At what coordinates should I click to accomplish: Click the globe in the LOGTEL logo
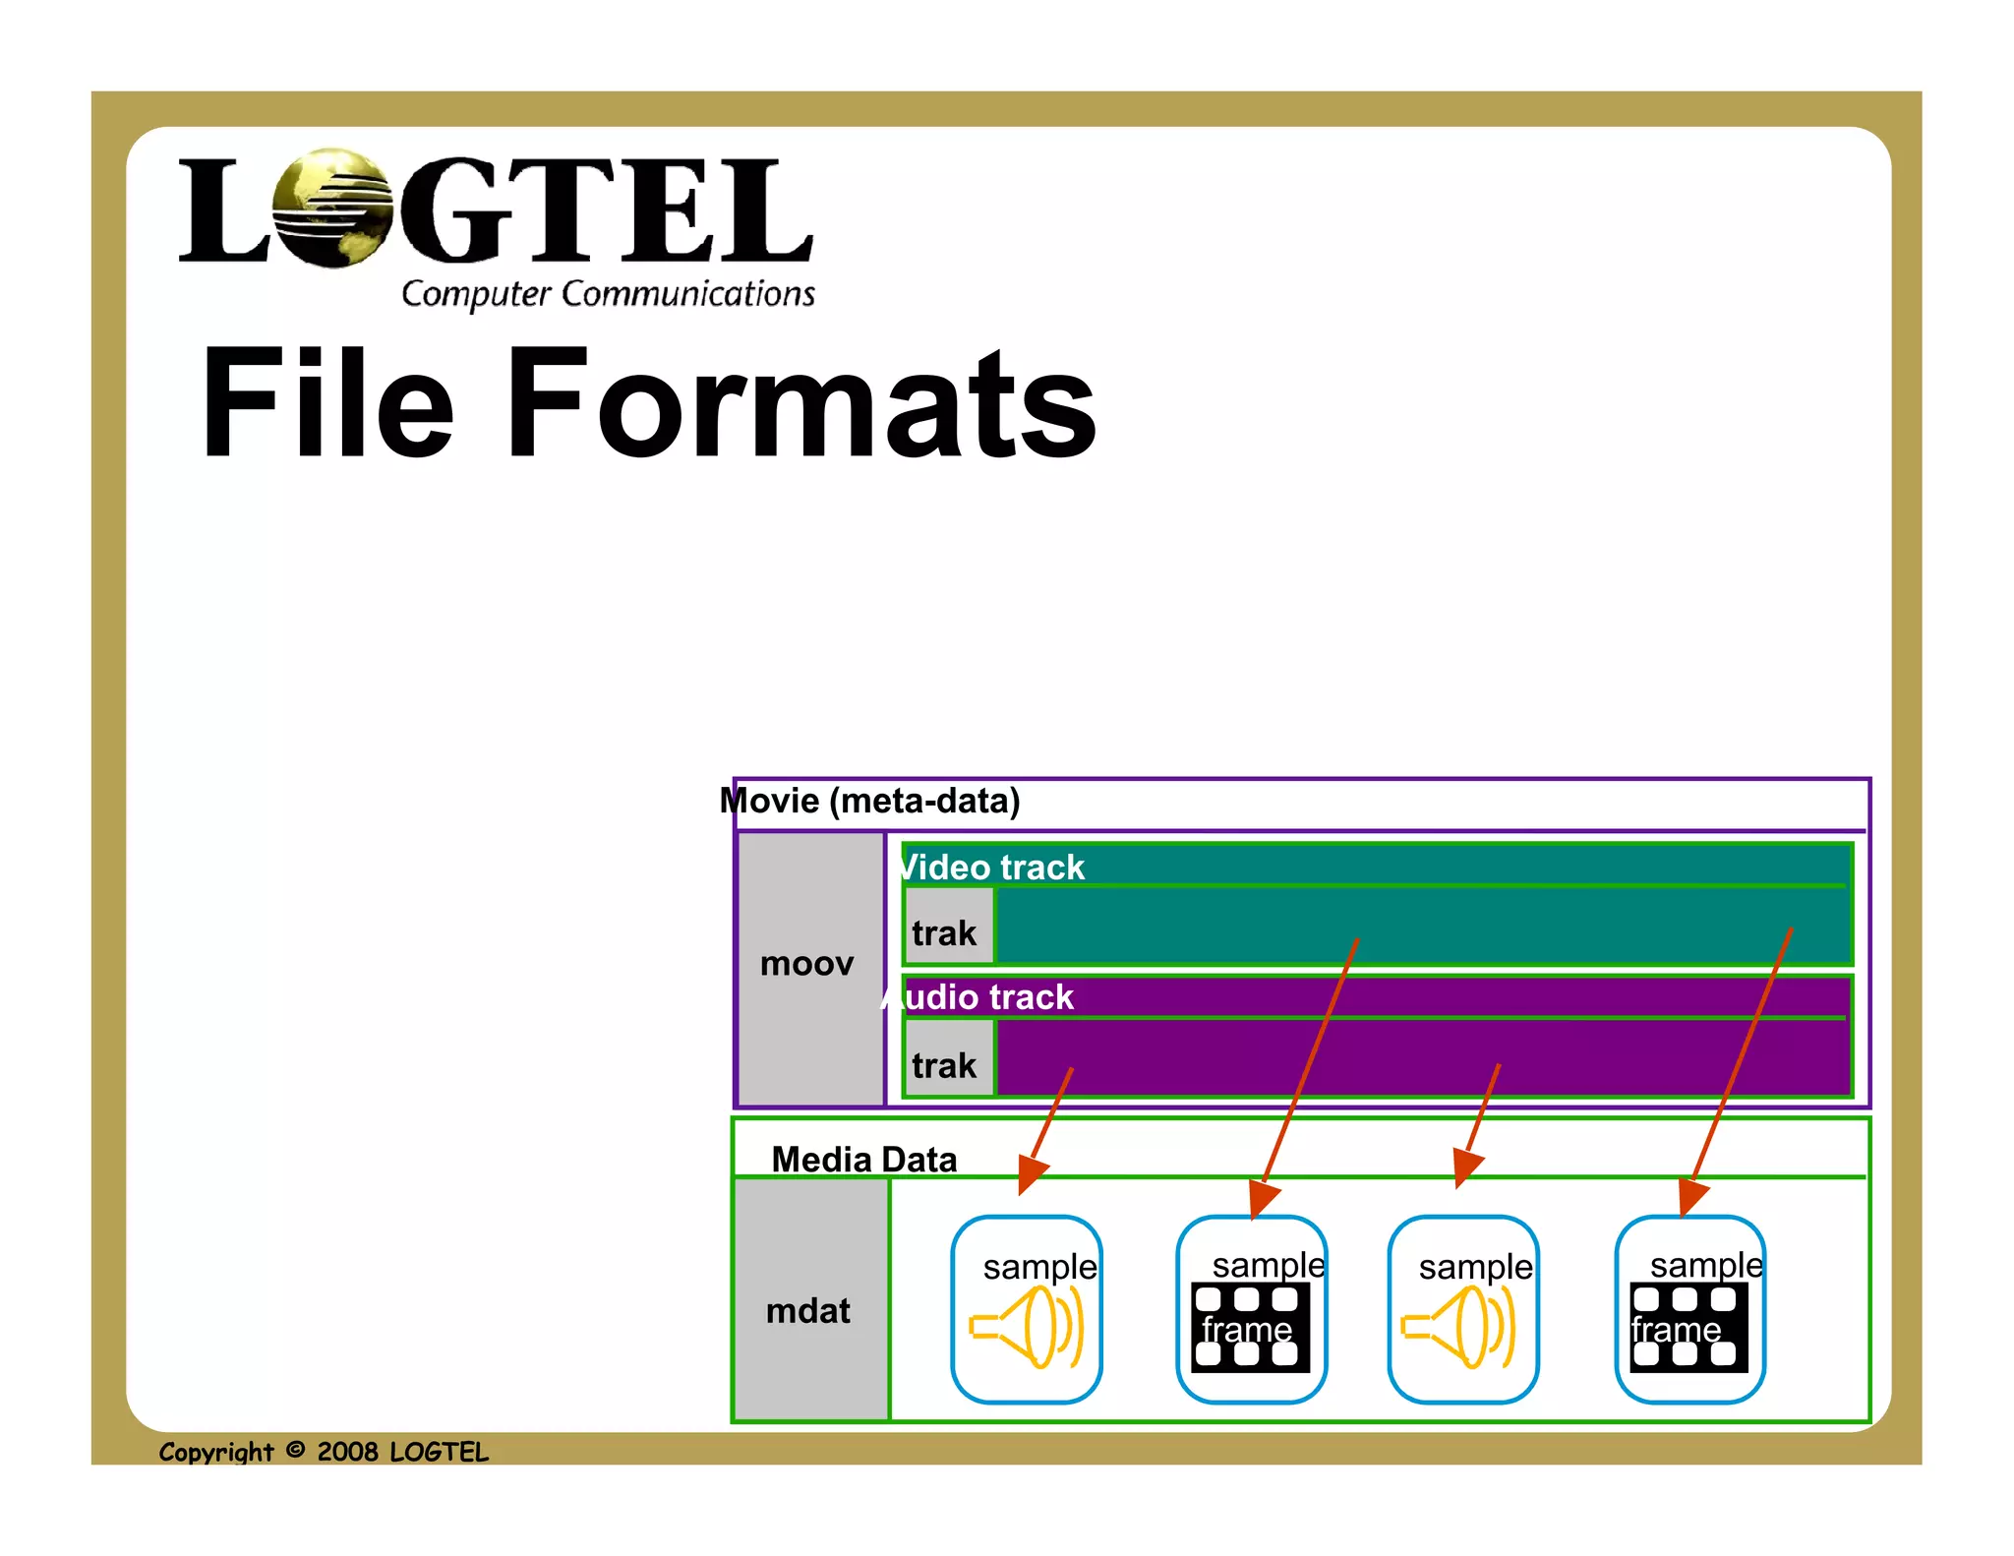[331, 208]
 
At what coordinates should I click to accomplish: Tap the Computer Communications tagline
[608, 293]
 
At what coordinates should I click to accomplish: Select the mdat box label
[808, 1310]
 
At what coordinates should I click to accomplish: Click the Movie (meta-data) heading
[870, 801]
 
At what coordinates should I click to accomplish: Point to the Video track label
[992, 867]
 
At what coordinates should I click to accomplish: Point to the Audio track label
[978, 996]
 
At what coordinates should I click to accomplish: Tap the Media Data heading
[863, 1159]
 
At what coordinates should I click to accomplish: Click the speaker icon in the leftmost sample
[1027, 1328]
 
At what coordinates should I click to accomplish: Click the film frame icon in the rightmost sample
[1688, 1328]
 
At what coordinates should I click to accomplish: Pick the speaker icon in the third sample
[1459, 1328]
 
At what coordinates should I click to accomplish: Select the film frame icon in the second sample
[1250, 1328]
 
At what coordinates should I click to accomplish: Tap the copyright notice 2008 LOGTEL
[324, 1452]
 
